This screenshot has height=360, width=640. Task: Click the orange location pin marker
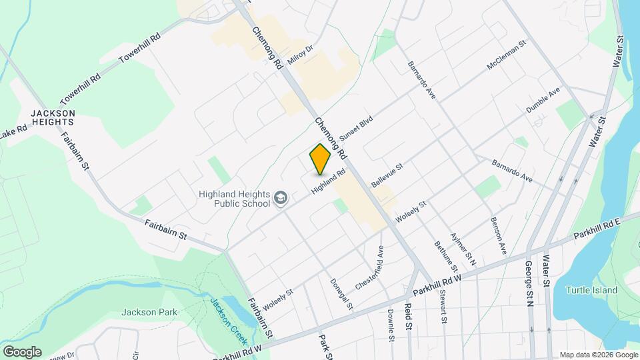pos(321,159)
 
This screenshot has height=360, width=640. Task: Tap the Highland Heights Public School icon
pos(281,198)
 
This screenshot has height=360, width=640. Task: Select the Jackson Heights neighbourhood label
pos(51,118)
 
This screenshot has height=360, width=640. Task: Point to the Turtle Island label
pos(591,290)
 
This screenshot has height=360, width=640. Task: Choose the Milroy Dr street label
pos(300,55)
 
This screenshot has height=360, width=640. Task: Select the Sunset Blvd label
pos(355,128)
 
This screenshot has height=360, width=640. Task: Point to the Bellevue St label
pos(388,175)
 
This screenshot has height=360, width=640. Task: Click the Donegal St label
pos(341,293)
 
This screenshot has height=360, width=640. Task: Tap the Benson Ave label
pos(499,235)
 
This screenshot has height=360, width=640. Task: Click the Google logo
pos(22,351)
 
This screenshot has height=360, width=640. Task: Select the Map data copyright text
pos(598,355)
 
